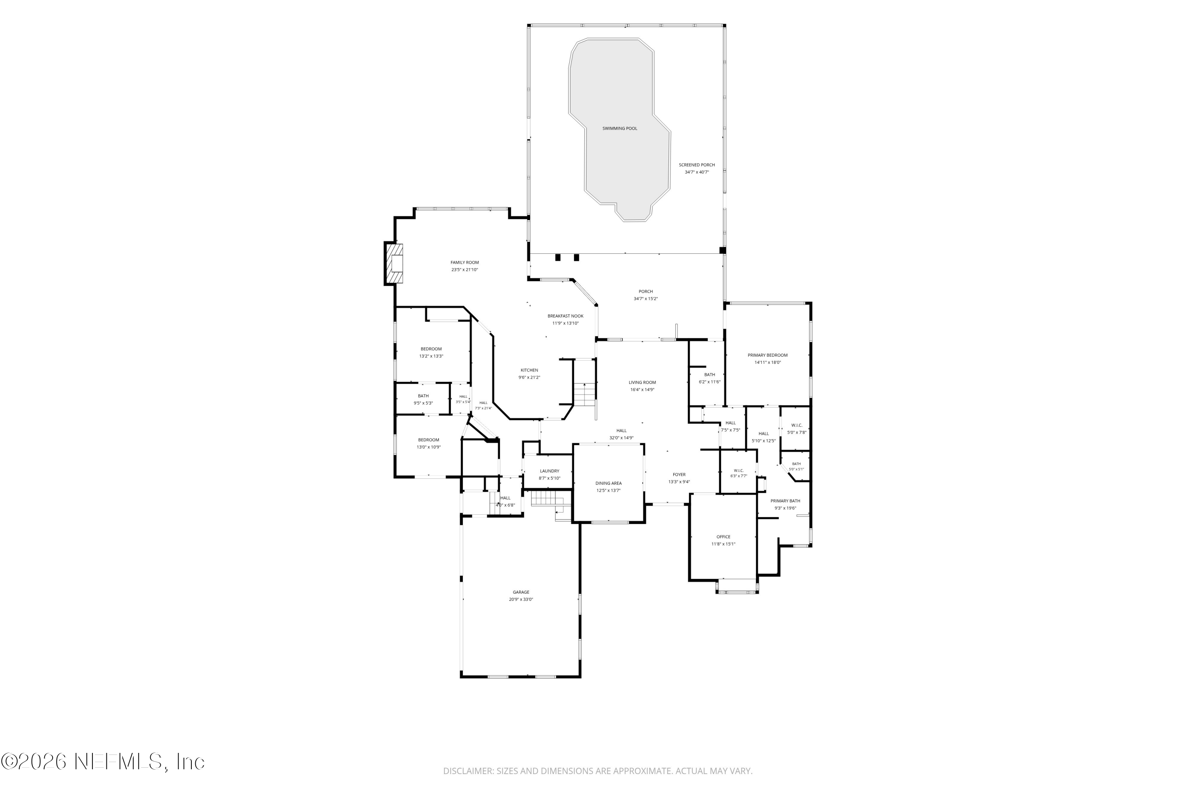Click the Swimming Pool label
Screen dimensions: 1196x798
[x=620, y=128]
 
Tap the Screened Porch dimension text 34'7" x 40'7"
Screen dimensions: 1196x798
[x=696, y=172]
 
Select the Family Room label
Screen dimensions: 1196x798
[x=464, y=263]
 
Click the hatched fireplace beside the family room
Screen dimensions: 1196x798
[x=394, y=263]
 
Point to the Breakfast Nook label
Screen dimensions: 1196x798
[x=565, y=316]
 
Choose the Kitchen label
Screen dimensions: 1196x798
[x=529, y=370]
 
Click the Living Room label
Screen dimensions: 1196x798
[x=642, y=382]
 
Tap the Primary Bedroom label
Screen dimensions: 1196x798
[x=767, y=355]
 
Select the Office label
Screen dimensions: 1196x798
[x=723, y=536]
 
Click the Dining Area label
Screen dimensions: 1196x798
[x=608, y=483]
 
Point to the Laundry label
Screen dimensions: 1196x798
[x=549, y=471]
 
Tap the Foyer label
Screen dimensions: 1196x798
[x=679, y=474]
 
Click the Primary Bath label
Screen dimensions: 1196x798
[x=785, y=501]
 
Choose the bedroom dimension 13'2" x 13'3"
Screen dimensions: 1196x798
[x=431, y=356]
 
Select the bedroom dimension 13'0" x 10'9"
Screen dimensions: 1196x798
[x=428, y=447]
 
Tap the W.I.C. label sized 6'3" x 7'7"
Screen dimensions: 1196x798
[x=738, y=470]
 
